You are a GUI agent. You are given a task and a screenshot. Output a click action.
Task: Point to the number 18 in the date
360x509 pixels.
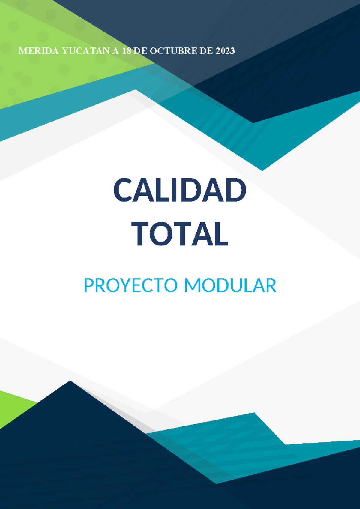127,51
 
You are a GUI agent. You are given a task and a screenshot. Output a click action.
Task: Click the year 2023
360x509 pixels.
225,51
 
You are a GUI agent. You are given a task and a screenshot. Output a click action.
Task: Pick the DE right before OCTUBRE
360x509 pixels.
140,51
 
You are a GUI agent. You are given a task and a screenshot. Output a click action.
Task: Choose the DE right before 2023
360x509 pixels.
206,51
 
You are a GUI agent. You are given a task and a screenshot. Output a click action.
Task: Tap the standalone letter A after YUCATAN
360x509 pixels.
115,51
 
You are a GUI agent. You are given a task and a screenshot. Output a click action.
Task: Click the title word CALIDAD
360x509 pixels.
180,190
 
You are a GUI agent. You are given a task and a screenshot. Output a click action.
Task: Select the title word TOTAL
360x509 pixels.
180,234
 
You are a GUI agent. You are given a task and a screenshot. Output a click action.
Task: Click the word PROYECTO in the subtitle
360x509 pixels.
131,285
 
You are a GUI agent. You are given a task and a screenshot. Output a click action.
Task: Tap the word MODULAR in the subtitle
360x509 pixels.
230,285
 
